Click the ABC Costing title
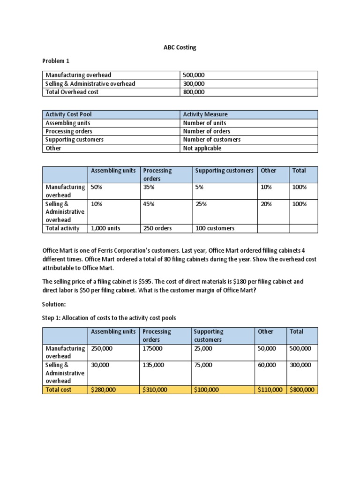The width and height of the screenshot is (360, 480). [180, 47]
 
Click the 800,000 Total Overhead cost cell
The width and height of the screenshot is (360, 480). [194, 92]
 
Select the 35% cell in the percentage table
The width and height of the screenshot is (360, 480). [149, 187]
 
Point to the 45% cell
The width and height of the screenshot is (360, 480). [149, 204]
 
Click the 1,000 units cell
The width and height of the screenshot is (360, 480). [105, 228]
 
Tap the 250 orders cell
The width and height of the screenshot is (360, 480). [157, 228]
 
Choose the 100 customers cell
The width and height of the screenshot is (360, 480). [215, 228]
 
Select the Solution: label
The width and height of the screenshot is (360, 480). [55, 305]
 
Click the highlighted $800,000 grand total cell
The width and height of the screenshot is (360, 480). [302, 390]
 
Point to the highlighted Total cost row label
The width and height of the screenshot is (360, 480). [59, 390]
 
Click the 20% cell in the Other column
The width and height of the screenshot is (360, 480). [266, 204]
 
